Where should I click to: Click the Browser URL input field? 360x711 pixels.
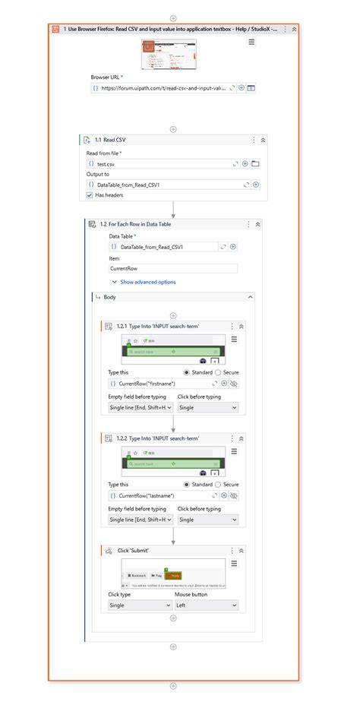(163, 88)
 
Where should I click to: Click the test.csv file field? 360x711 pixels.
(159, 163)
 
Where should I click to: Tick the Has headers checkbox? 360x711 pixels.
(90, 195)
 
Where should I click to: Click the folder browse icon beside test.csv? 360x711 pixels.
(256, 163)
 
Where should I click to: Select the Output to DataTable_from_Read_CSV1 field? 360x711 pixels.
(159, 185)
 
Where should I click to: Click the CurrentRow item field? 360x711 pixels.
(173, 268)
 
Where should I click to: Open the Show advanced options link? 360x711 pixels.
(147, 282)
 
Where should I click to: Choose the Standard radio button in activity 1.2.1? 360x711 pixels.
(187, 373)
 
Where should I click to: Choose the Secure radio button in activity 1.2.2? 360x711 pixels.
(219, 484)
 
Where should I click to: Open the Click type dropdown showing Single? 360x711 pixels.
(140, 605)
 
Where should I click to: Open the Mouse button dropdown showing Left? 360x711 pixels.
(207, 605)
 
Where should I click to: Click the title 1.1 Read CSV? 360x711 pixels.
(115, 140)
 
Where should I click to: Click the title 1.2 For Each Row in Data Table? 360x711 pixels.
(142, 224)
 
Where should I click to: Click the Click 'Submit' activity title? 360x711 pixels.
(133, 550)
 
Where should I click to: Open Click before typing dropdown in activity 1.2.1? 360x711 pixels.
(207, 408)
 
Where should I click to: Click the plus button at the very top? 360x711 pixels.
(173, 17)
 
